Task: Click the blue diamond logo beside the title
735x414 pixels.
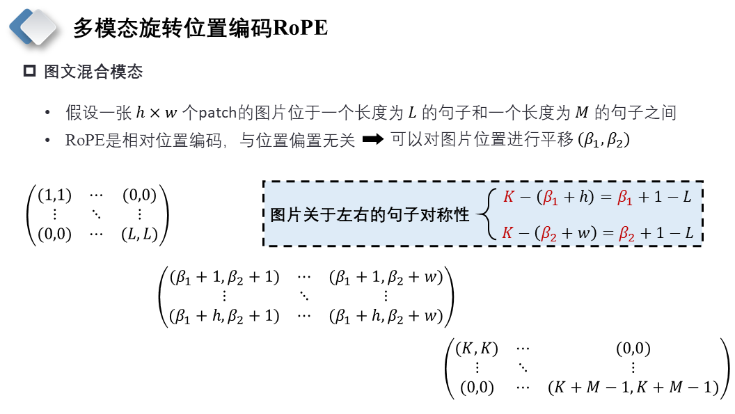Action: click(x=34, y=26)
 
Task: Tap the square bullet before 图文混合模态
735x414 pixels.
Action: click(x=29, y=71)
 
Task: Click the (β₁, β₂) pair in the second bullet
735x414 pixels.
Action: click(x=603, y=140)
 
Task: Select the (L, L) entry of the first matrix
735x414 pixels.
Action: click(x=139, y=234)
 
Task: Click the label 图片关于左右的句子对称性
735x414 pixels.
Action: click(x=370, y=215)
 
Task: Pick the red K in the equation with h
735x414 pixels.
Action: click(x=508, y=197)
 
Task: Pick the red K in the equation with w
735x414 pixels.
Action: click(x=508, y=233)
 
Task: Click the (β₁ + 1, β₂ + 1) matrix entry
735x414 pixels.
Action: click(x=224, y=277)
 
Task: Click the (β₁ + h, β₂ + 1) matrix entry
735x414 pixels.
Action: click(x=224, y=316)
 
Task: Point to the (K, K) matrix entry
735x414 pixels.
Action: click(x=477, y=349)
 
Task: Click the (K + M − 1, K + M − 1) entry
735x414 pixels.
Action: click(x=633, y=388)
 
